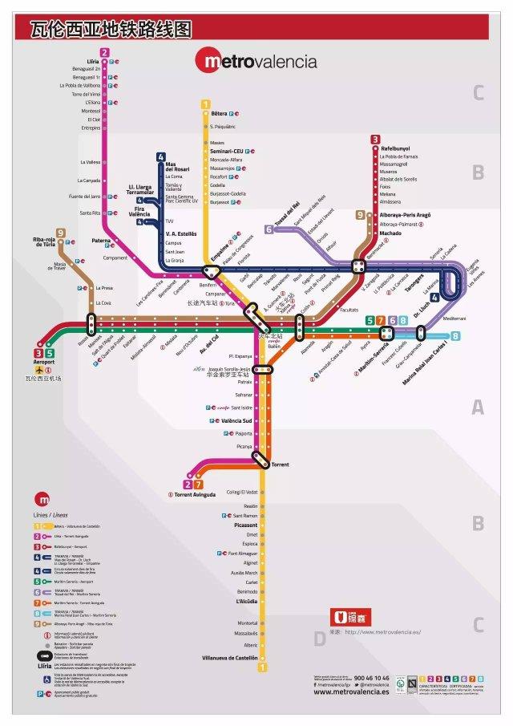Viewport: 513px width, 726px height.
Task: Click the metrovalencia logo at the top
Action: [256, 61]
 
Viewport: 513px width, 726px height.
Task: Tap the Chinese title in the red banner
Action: [111, 30]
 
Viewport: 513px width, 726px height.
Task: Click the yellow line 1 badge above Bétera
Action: [205, 104]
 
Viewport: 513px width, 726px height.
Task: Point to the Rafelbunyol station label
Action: [396, 148]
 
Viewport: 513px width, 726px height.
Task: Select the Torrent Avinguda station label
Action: [195, 494]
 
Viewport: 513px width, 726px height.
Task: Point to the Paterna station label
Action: [101, 240]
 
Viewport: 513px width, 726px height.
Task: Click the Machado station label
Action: [391, 233]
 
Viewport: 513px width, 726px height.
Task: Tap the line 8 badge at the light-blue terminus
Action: [455, 337]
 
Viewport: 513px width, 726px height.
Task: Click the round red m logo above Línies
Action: [41, 497]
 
